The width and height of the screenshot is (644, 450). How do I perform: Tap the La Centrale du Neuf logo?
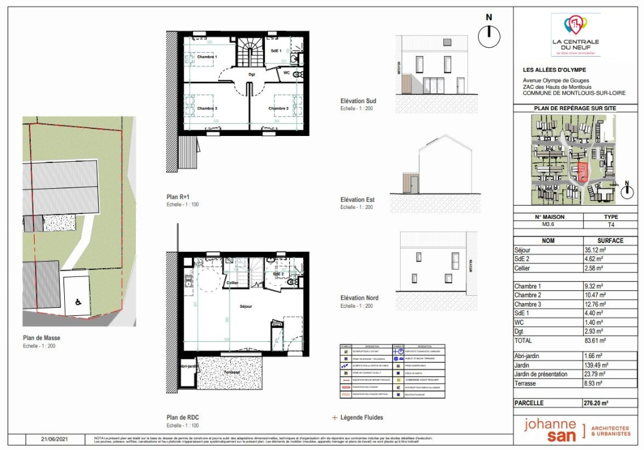(575, 35)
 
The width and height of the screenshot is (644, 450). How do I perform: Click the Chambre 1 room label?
(207, 57)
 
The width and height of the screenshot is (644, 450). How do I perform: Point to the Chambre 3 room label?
(207, 108)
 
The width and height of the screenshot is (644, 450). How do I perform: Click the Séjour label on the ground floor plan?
(245, 306)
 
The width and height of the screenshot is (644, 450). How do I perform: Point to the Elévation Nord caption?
(358, 298)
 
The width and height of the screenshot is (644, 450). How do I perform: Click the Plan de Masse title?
(42, 338)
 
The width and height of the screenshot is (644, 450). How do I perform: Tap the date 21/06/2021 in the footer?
(53, 439)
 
